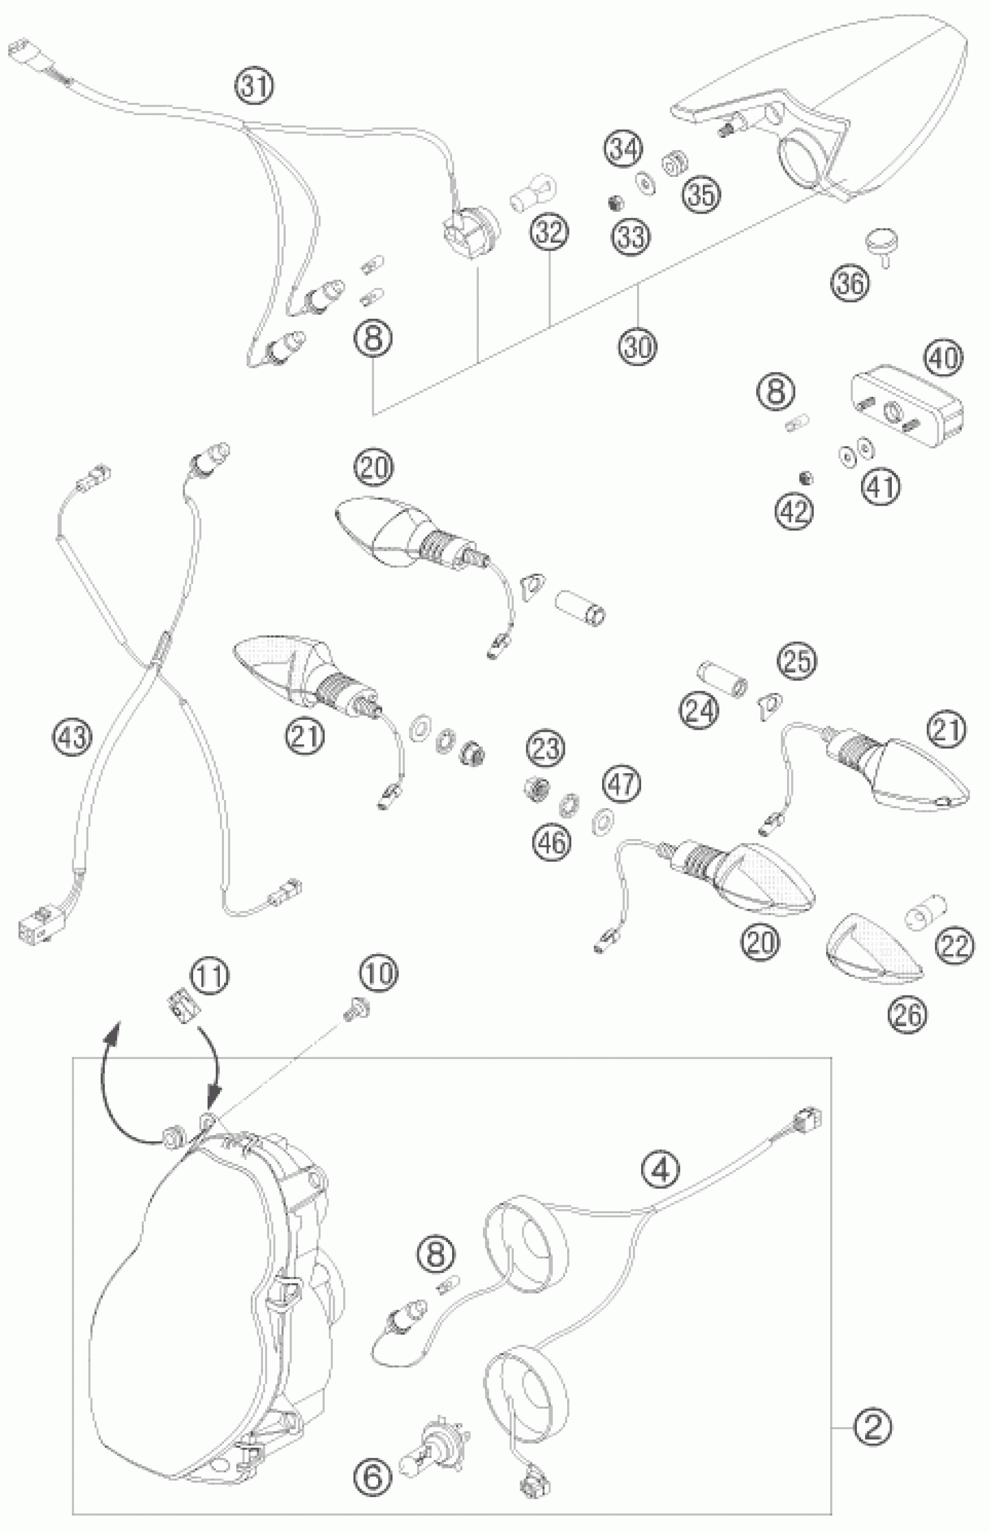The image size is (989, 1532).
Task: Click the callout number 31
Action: (255, 86)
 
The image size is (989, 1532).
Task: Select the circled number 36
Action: (851, 282)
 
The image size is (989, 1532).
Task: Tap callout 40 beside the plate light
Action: (944, 357)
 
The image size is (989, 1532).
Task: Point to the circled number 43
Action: (73, 737)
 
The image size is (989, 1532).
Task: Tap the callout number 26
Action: (908, 1014)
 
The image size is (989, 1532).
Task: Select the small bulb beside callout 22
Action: (922, 916)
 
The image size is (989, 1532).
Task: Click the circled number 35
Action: (701, 193)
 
